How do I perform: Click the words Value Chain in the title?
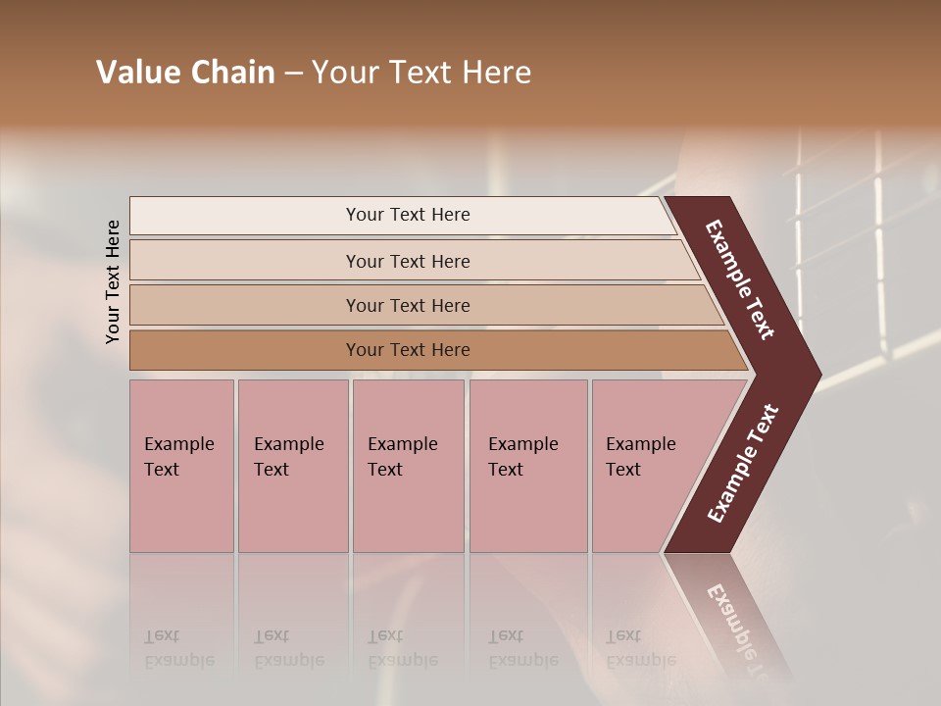pyautogui.click(x=185, y=73)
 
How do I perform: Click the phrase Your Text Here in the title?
pyautogui.click(x=421, y=73)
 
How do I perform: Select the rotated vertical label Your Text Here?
pyautogui.click(x=113, y=281)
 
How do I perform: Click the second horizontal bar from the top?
pyautogui.click(x=408, y=261)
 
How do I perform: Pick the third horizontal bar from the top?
pyautogui.click(x=408, y=305)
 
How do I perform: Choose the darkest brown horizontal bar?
pyautogui.click(x=408, y=350)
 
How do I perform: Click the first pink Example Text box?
pyautogui.click(x=181, y=465)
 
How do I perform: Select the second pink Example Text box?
pyautogui.click(x=292, y=465)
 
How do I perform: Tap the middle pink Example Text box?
pyautogui.click(x=408, y=465)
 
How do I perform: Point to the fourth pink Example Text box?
pyautogui.click(x=527, y=465)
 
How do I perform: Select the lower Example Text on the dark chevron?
pyautogui.click(x=743, y=464)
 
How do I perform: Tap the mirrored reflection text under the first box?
pyautogui.click(x=179, y=648)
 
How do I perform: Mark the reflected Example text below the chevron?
pyautogui.click(x=742, y=628)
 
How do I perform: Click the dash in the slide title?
pyautogui.click(x=293, y=74)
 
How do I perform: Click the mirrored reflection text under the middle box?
pyautogui.click(x=403, y=648)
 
